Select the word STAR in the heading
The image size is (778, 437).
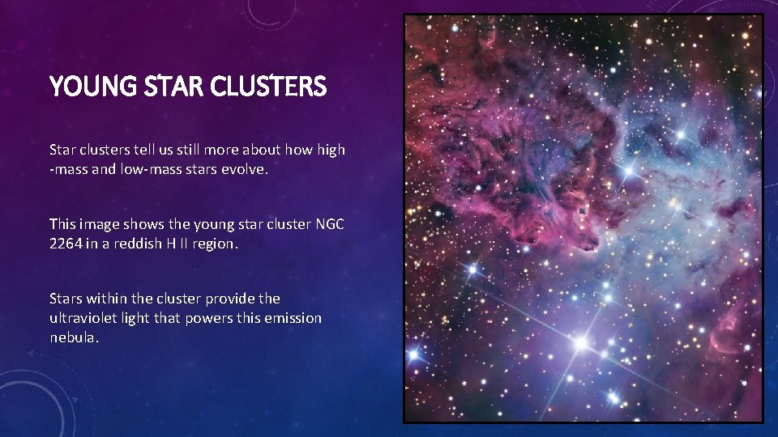[173, 86]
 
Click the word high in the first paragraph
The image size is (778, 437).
[328, 150]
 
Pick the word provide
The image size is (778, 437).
[231, 299]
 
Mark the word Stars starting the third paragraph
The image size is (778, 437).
[64, 299]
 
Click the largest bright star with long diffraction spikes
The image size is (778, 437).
[580, 343]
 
